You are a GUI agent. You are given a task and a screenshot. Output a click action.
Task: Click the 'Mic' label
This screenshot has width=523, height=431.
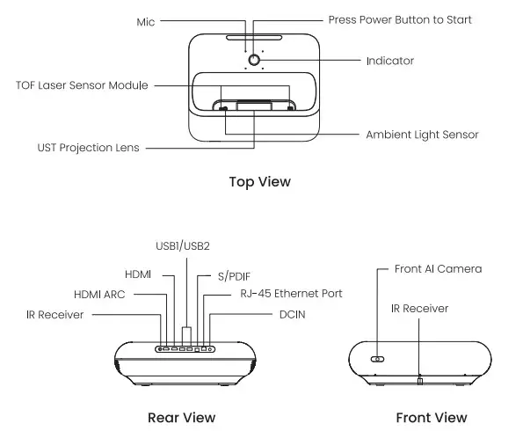coord(145,20)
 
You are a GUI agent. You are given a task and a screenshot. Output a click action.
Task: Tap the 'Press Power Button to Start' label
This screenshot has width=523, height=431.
coord(400,19)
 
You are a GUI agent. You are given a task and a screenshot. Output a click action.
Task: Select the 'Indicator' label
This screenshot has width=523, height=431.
coord(389,62)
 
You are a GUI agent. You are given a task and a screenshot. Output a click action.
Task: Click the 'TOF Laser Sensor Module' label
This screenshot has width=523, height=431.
coord(82,85)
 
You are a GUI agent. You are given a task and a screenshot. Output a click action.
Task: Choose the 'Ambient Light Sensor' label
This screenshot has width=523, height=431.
coord(422,135)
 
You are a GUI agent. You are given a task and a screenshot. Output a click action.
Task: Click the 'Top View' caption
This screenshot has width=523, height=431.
coord(259,182)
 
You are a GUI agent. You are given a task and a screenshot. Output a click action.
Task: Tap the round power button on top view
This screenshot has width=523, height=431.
coord(255,60)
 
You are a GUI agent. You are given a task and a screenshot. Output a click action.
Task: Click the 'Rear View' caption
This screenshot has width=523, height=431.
coord(180,417)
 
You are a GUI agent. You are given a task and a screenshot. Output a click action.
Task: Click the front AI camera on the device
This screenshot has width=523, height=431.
coord(377,359)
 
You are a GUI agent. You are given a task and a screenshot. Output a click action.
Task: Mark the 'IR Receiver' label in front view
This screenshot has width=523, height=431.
coord(419,309)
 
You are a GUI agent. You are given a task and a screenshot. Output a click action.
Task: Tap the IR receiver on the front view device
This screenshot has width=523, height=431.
coord(420,380)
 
